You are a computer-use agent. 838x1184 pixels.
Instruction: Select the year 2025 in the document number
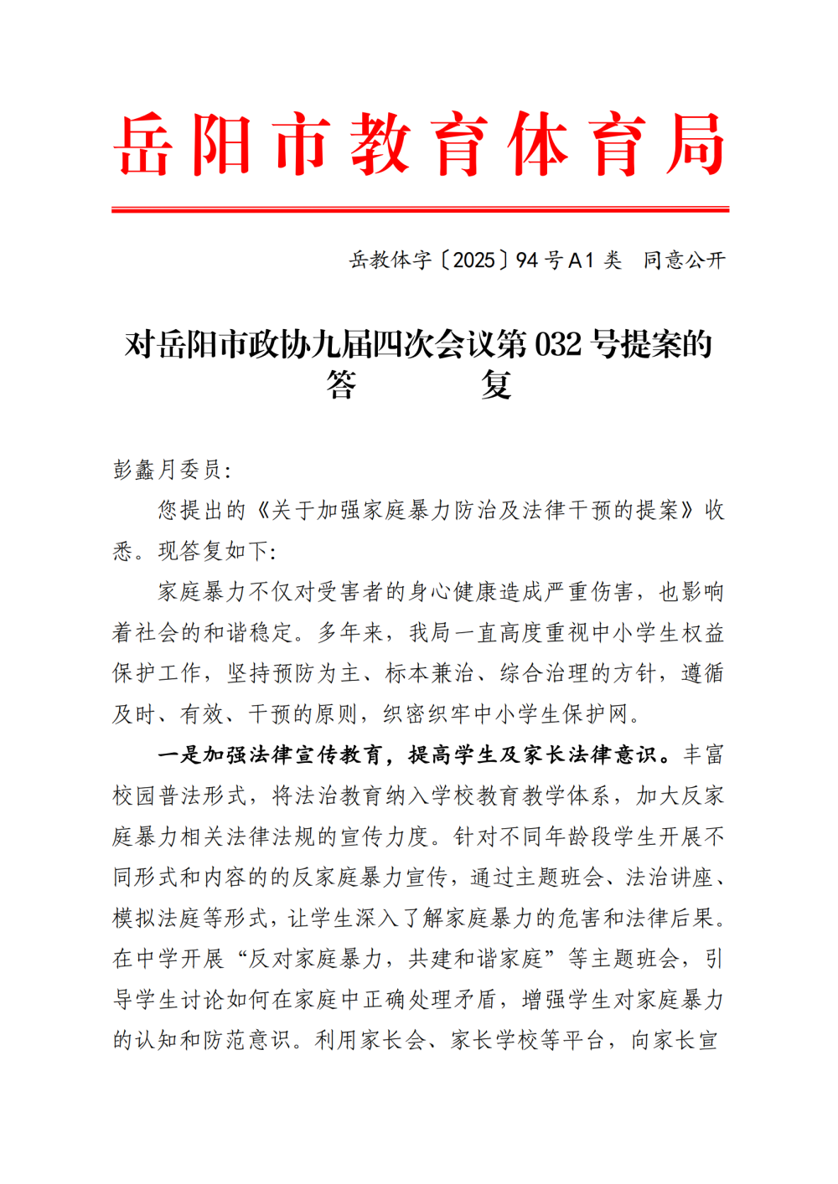pyautogui.click(x=473, y=260)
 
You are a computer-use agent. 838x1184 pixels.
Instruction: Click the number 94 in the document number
pyautogui.click(x=526, y=260)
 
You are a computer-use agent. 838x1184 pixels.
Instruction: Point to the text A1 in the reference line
pyautogui.click(x=581, y=260)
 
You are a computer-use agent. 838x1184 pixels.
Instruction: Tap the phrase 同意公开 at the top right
pyautogui.click(x=684, y=260)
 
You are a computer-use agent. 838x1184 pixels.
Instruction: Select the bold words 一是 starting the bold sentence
pyautogui.click(x=179, y=755)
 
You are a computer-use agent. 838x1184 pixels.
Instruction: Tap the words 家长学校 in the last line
pyautogui.click(x=495, y=1041)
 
